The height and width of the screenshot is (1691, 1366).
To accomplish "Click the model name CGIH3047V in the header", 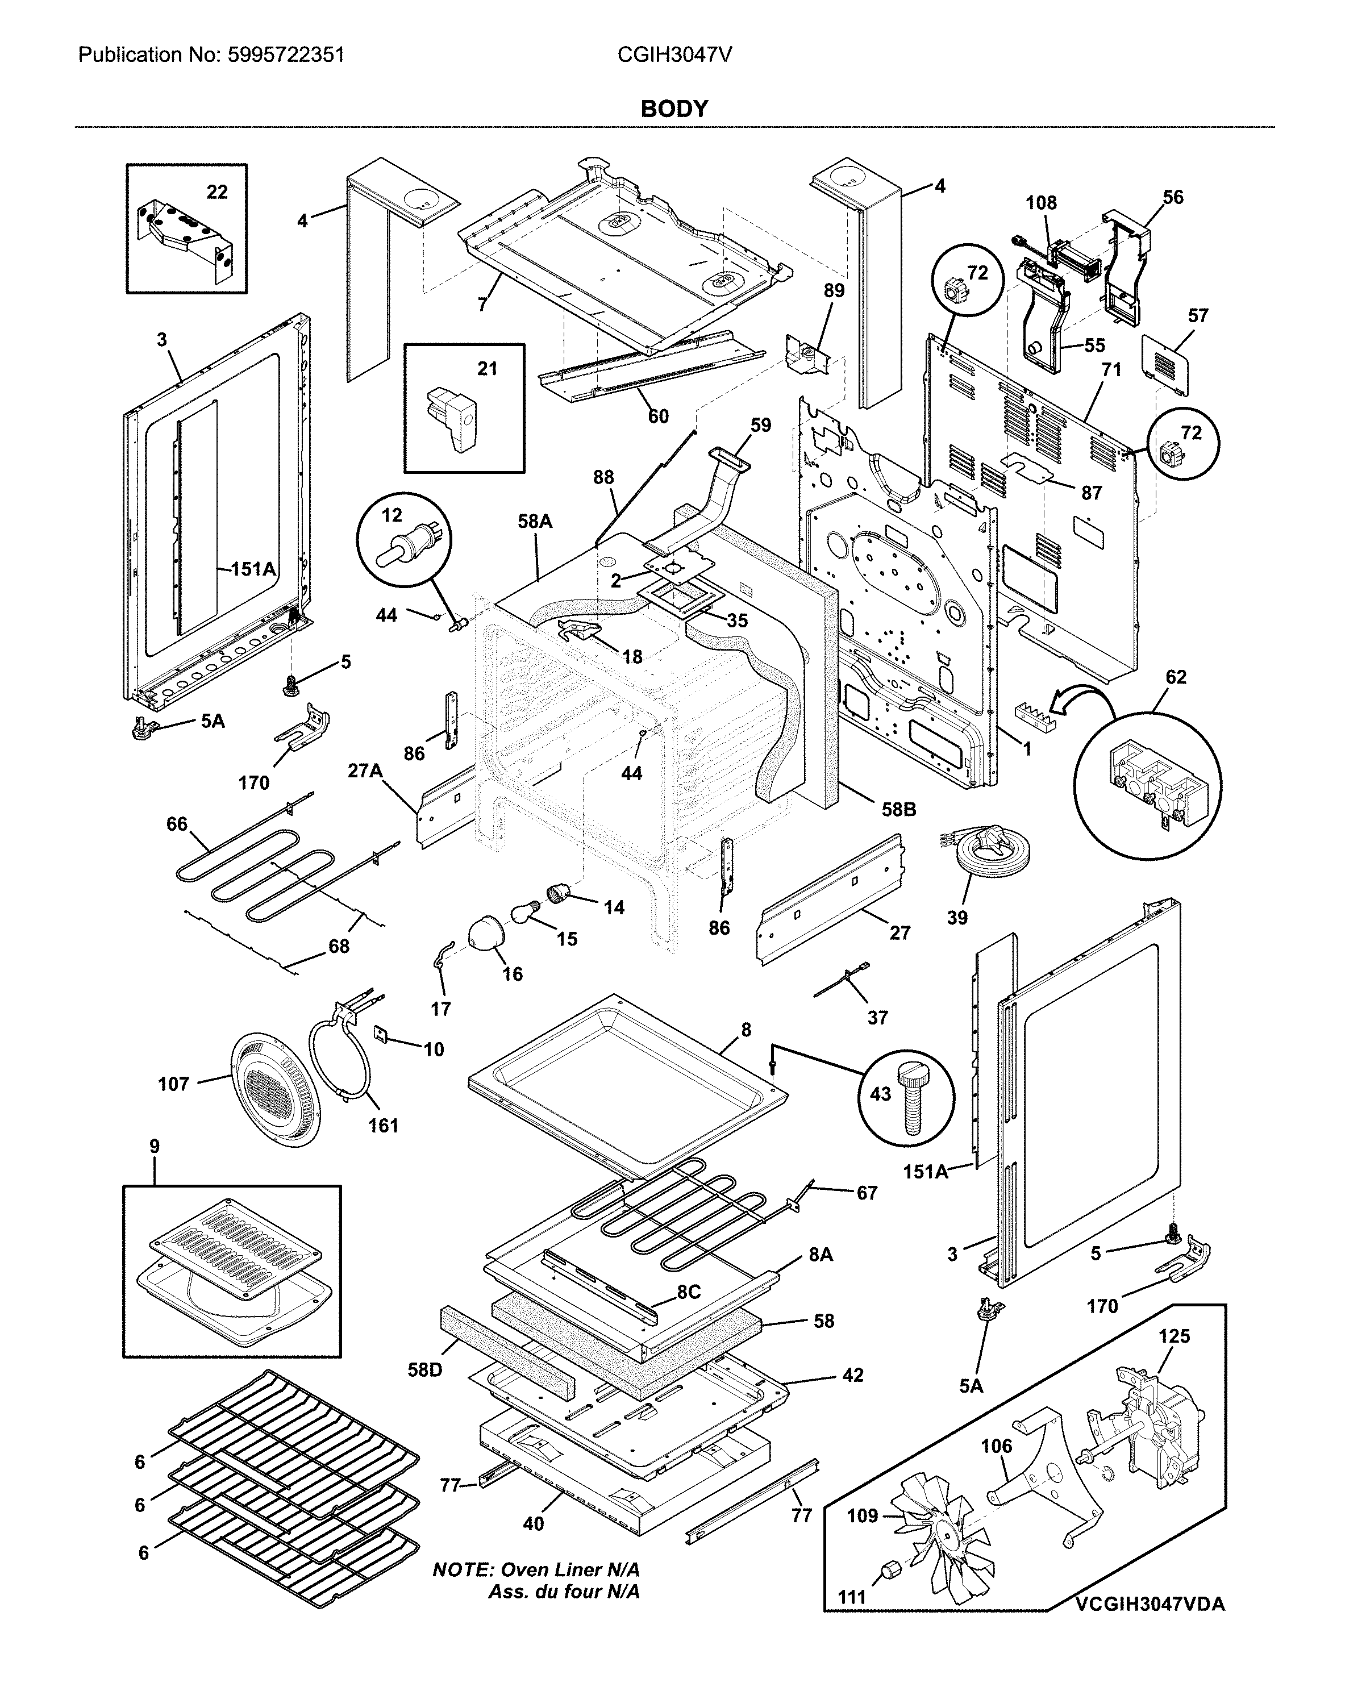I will (674, 55).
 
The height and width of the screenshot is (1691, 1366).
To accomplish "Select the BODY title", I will (674, 109).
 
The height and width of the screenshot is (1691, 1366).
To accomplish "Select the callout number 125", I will (1174, 1335).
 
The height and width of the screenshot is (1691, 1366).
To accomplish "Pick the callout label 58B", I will (898, 809).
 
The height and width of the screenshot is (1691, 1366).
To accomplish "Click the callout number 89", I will (834, 290).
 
